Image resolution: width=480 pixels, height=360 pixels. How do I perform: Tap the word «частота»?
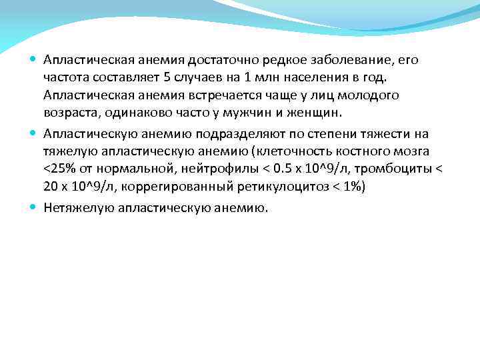pyautogui.click(x=67, y=77)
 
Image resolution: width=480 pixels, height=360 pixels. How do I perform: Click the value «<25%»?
pyautogui.click(x=58, y=169)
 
